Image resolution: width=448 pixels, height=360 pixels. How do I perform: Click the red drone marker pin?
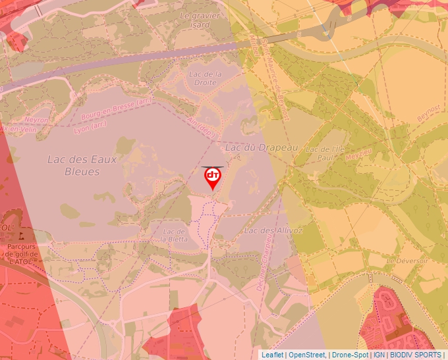(x=213, y=177)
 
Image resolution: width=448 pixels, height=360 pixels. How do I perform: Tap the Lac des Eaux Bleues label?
(x=73, y=165)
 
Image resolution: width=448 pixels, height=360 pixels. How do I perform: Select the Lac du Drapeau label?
(x=262, y=147)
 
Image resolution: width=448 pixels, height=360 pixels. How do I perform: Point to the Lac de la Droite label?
(x=206, y=78)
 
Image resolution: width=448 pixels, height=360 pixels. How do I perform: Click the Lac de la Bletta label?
(x=175, y=235)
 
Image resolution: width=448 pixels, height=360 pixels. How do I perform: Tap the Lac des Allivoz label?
(x=273, y=230)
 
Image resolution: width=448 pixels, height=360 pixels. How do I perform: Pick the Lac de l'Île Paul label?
(x=325, y=153)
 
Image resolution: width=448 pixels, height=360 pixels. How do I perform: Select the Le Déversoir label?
(x=407, y=261)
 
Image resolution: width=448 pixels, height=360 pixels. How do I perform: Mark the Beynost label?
(x=428, y=113)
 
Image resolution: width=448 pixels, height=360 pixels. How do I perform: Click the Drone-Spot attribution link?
(x=350, y=355)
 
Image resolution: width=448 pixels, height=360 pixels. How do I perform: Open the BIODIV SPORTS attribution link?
(x=415, y=355)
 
